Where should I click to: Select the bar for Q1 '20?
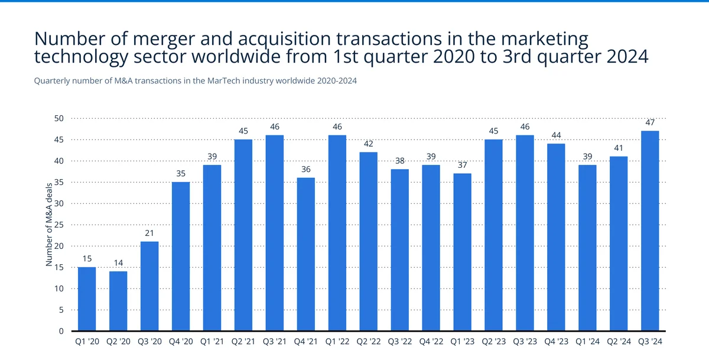point(87,299)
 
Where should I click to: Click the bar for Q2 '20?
point(118,301)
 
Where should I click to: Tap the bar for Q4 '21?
point(306,254)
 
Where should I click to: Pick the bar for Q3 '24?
point(650,231)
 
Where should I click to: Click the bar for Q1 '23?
point(463,252)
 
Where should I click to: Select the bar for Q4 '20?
point(181,257)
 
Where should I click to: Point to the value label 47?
point(650,122)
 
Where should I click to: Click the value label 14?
point(118,262)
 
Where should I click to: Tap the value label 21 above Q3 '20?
point(149,233)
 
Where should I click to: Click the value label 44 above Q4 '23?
point(556,135)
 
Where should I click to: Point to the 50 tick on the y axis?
point(58,118)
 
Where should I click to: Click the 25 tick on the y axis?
point(58,225)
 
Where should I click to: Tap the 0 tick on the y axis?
point(61,331)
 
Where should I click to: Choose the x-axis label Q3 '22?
point(400,341)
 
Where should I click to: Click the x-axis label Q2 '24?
point(619,341)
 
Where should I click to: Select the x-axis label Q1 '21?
point(212,341)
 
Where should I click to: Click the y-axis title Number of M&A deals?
point(50,224)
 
